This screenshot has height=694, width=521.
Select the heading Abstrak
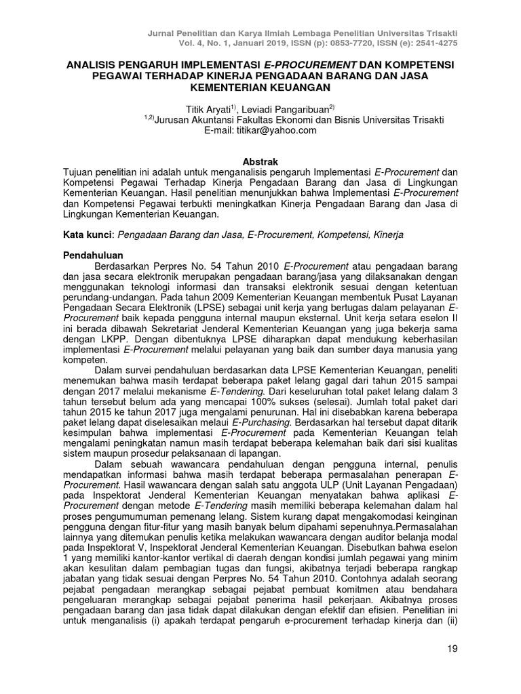tap(260, 161)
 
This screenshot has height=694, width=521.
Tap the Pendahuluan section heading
tap(92, 257)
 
